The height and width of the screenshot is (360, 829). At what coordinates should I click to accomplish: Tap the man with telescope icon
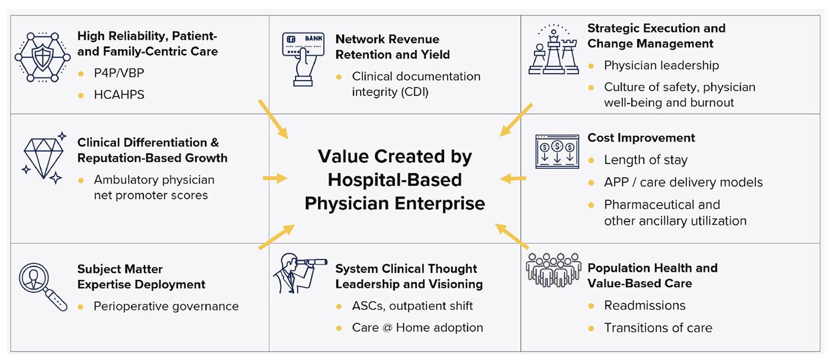299,273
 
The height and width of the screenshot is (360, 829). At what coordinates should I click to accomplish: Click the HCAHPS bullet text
119,95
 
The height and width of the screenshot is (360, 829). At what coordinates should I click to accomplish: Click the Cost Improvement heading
641,137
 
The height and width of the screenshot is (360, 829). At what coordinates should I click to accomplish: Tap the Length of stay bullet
645,160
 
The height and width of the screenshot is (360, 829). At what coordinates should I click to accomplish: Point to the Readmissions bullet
644,306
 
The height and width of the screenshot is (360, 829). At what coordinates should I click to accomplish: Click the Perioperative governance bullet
166,306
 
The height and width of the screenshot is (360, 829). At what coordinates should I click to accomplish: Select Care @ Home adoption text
417,327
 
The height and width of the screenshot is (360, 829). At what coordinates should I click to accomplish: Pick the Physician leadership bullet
661,65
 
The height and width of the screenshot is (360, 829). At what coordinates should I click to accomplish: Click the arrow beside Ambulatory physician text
274,178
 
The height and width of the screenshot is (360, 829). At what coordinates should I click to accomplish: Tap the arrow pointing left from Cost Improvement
513,178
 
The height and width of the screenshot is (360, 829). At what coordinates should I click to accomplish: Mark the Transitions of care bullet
658,327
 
